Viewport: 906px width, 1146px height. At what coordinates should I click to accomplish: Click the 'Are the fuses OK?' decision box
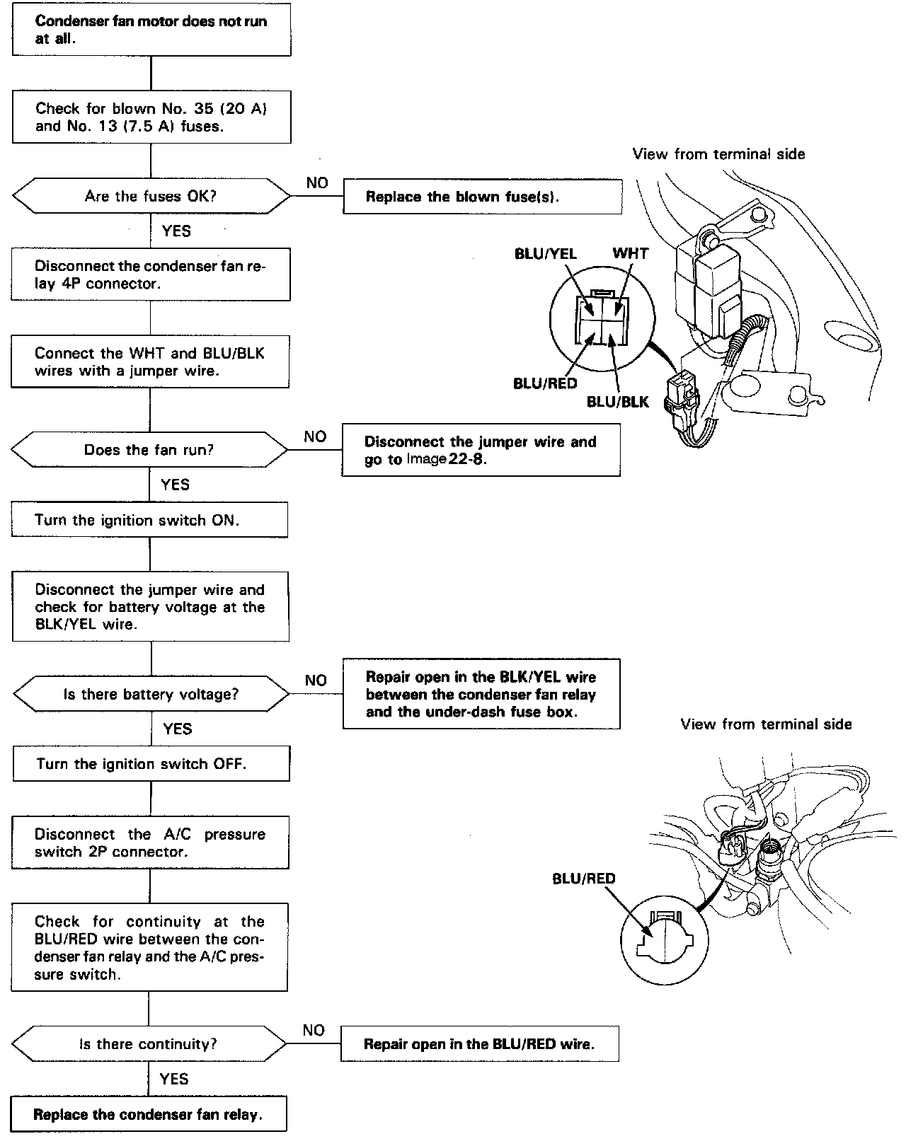point(151,196)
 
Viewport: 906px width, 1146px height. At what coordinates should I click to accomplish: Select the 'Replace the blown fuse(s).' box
point(482,197)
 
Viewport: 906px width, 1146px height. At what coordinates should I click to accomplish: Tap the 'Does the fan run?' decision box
point(149,450)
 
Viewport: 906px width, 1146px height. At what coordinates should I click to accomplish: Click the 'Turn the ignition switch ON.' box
point(149,520)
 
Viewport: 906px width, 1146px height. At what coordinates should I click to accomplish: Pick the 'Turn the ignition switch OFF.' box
point(151,764)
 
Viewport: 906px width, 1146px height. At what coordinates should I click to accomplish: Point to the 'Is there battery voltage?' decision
point(151,694)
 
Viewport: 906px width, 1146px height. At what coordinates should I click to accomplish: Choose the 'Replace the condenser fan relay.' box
point(149,1115)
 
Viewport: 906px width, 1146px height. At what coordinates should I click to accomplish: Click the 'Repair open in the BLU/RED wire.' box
point(479,1044)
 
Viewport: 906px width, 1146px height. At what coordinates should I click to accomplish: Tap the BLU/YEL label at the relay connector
point(545,253)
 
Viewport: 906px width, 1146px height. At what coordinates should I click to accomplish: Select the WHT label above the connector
point(630,253)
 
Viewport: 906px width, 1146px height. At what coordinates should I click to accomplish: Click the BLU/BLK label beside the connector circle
point(617,402)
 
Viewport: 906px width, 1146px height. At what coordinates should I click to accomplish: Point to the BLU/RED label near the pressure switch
point(584,879)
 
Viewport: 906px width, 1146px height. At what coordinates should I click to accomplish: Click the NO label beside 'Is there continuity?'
point(313,1030)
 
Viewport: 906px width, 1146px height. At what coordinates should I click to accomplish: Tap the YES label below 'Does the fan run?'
point(175,485)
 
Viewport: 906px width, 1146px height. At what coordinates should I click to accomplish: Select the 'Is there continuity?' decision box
point(149,1044)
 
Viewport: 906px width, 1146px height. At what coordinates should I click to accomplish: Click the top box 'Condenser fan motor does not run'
point(151,30)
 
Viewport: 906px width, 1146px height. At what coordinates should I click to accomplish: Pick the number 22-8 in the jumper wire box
point(464,459)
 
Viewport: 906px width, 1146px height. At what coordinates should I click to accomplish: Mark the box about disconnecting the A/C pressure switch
point(150,843)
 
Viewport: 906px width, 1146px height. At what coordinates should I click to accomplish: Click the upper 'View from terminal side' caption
point(718,154)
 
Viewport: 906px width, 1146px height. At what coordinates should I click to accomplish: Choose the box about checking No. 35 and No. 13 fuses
point(151,117)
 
